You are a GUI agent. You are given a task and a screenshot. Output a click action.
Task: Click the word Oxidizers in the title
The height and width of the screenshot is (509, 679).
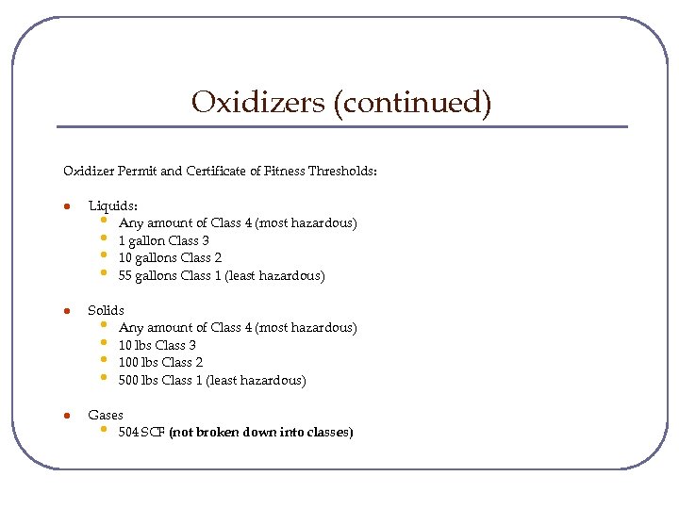pyautogui.click(x=257, y=101)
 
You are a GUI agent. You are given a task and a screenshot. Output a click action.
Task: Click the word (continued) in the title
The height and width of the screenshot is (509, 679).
pyautogui.click(x=412, y=102)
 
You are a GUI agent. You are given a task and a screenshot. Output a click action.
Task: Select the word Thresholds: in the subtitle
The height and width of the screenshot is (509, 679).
pyautogui.click(x=341, y=172)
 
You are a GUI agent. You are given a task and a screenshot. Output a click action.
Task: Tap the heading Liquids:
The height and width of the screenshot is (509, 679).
pyautogui.click(x=112, y=205)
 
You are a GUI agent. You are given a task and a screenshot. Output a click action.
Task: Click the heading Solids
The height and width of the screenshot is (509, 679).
pyautogui.click(x=106, y=310)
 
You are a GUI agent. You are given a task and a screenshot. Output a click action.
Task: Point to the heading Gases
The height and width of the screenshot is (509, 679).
pyautogui.click(x=106, y=415)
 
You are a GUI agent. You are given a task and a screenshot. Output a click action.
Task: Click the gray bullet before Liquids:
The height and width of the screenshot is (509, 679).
pyautogui.click(x=66, y=205)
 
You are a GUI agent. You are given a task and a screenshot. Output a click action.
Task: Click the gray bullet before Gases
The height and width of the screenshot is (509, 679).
pyautogui.click(x=66, y=415)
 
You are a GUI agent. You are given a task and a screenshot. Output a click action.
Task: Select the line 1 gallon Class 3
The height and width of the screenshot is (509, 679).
pyautogui.click(x=163, y=240)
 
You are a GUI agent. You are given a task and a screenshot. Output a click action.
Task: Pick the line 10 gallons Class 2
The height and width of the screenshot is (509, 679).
pyautogui.click(x=170, y=257)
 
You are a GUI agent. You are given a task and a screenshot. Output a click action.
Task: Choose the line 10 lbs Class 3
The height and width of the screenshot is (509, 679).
pyautogui.click(x=157, y=345)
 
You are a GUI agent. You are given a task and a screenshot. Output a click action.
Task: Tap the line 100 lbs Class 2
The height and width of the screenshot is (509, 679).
pyautogui.click(x=160, y=362)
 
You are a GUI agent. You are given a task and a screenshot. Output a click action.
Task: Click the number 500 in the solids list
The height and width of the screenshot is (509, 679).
pyautogui.click(x=128, y=380)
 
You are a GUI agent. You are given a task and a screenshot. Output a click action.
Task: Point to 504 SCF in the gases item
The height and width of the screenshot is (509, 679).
pyautogui.click(x=141, y=433)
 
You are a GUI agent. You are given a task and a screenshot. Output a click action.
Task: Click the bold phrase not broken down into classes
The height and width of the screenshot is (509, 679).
pyautogui.click(x=260, y=433)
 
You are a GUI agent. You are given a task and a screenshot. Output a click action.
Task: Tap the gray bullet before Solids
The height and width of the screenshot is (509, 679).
pyautogui.click(x=66, y=310)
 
